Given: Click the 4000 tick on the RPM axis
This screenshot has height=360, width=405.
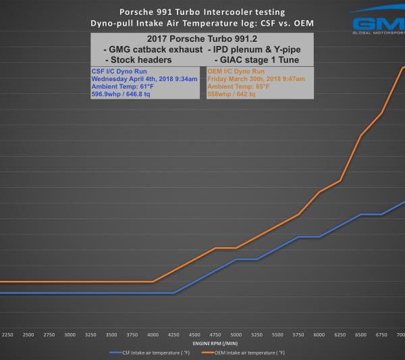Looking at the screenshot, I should click(x=153, y=335).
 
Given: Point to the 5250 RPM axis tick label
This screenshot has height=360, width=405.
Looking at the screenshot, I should click(x=256, y=335).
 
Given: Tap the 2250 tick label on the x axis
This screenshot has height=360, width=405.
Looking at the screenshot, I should click(x=8, y=335).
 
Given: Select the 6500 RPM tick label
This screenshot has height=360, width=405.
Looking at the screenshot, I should click(x=360, y=335).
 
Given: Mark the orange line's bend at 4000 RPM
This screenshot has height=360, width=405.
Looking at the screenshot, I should click(x=153, y=282).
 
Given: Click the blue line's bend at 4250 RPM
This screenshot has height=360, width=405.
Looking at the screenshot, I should click(x=174, y=292).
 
